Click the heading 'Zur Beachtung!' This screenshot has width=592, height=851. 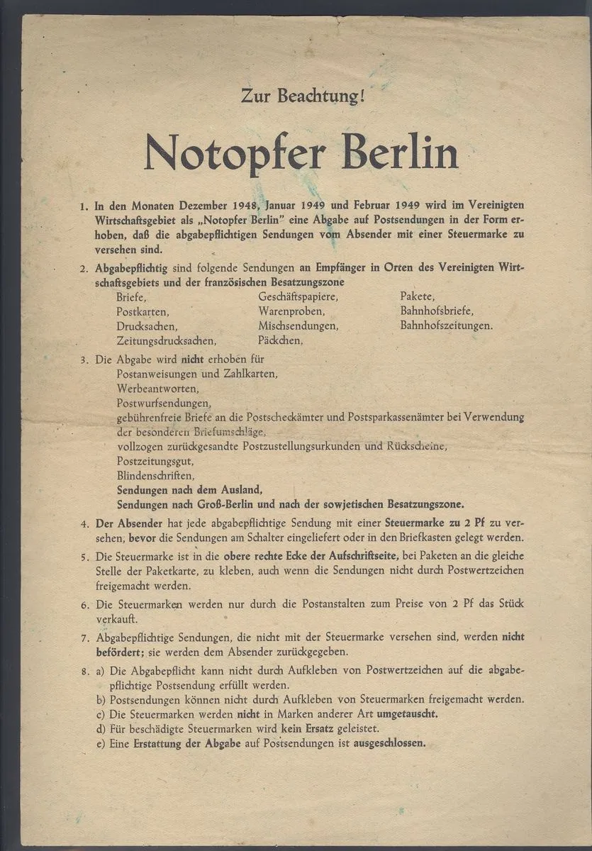tap(302, 94)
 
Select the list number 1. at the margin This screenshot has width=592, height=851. tap(84, 207)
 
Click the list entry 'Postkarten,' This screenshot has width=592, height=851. tap(143, 311)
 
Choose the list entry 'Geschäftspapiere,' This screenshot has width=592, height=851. tap(298, 296)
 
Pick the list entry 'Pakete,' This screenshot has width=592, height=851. tap(418, 296)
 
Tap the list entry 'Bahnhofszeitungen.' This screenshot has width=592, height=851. tap(446, 326)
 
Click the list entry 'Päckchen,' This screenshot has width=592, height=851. tap(281, 340)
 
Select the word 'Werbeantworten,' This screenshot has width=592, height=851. tap(158, 389)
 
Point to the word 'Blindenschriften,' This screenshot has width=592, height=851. tap(155, 475)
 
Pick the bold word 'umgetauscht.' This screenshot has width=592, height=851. tap(407, 713)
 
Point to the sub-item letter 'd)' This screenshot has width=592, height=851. tap(100, 728)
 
